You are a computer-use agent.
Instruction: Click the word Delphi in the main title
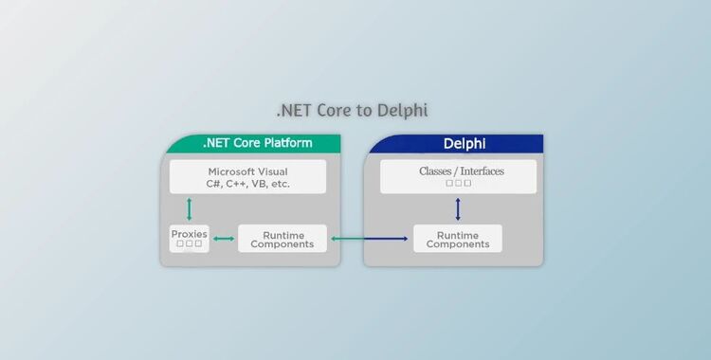403,111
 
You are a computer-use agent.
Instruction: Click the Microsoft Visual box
247,177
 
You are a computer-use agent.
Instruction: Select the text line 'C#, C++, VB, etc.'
247,184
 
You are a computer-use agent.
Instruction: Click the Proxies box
189,238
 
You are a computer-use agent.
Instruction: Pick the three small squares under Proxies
189,243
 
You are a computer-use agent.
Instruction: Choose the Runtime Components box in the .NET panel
282,239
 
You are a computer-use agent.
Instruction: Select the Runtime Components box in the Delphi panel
458,239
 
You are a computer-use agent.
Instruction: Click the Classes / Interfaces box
458,176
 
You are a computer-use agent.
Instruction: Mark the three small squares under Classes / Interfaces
458,183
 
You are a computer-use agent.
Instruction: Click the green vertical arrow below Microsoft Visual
189,209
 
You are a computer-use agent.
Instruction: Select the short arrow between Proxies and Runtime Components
224,239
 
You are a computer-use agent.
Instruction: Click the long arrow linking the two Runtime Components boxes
371,239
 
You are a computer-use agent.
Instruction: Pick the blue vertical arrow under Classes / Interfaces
458,208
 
